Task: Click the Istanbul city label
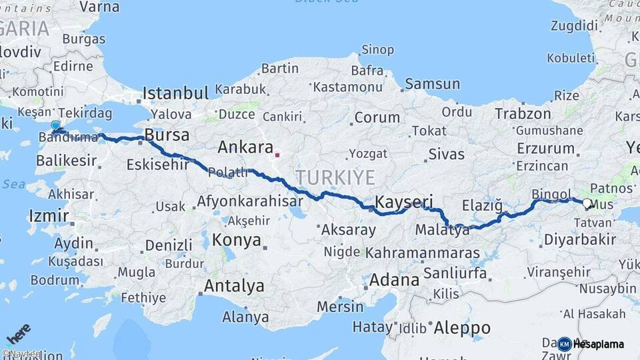pos(175,92)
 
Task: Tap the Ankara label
pos(245,147)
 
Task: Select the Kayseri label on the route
pos(404,202)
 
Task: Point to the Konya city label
pos(237,241)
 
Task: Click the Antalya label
pos(234,286)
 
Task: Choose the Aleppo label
pos(462,327)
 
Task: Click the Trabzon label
pos(523,114)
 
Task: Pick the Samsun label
pos(432,84)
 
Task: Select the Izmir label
pos(49,216)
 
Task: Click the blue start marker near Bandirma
pos(55,125)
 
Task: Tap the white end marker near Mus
pos(586,203)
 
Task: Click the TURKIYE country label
pos(336,177)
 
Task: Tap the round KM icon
pos(565,344)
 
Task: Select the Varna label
pos(99,7)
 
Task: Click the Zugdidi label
pos(575,25)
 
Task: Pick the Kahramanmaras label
pos(423,253)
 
